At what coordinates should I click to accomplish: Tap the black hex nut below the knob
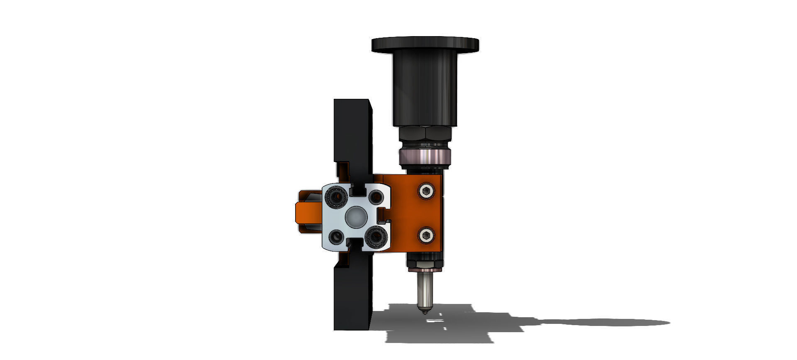(425, 134)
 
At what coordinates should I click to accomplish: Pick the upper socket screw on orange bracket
(426, 191)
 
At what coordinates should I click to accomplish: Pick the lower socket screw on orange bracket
(426, 235)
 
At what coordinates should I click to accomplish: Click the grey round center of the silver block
(356, 217)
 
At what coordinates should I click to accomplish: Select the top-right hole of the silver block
(376, 196)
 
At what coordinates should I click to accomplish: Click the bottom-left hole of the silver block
(336, 237)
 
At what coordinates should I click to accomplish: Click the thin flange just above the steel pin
(424, 269)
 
